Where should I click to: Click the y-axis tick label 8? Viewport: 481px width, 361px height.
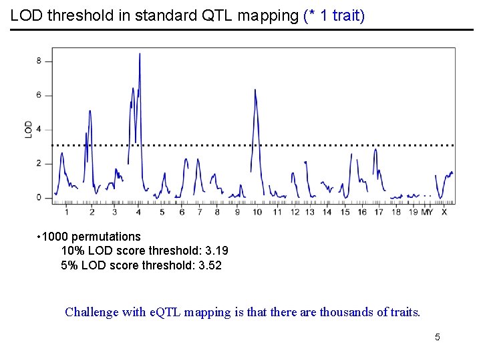[39, 61]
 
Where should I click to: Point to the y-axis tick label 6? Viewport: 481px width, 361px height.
[39, 95]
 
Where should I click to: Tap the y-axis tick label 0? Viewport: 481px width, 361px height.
[39, 198]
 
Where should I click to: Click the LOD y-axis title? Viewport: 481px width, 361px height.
[29, 129]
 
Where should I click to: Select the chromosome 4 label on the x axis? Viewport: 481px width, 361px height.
[138, 212]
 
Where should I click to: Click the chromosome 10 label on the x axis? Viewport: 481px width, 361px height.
[257, 212]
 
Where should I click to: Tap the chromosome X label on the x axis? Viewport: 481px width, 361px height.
[444, 212]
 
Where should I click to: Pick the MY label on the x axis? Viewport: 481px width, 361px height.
[427, 212]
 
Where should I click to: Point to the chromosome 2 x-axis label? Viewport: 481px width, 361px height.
[92, 212]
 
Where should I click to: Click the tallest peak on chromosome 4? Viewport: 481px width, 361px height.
[140, 54]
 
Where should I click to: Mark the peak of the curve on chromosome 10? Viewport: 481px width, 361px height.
[255, 90]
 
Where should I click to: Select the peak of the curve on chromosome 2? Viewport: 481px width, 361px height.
[90, 112]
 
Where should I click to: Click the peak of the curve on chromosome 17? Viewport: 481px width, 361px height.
[375, 150]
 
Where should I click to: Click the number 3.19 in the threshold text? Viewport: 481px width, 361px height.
[216, 251]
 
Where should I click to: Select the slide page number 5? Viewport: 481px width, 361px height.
[438, 337]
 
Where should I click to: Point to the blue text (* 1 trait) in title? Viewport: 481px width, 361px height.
[334, 15]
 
